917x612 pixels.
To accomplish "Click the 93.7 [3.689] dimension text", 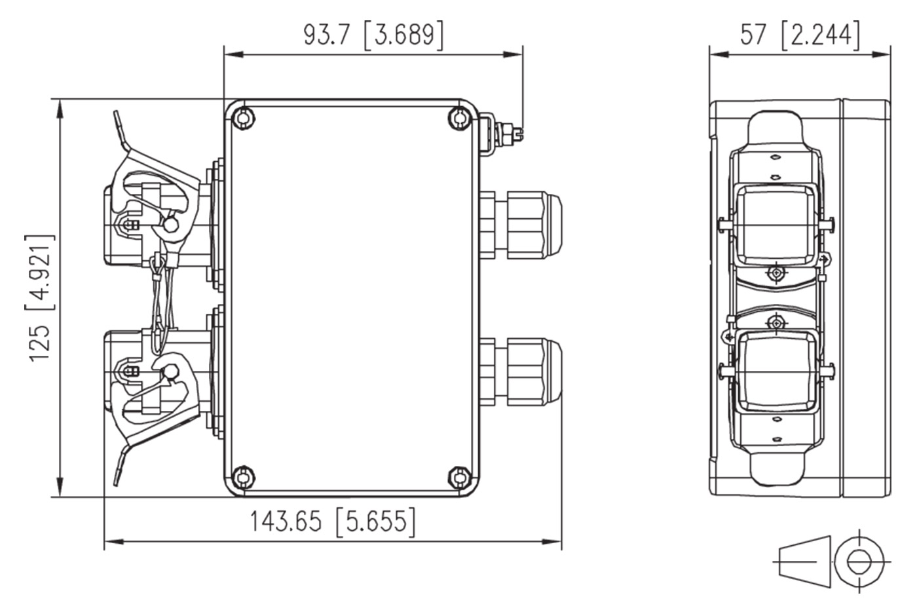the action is click(373, 35).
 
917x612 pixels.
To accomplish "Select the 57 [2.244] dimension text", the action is click(800, 35).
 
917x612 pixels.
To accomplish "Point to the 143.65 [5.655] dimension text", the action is click(333, 522).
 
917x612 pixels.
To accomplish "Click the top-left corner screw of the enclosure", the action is click(243, 119).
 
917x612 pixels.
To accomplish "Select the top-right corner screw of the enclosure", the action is click(460, 119).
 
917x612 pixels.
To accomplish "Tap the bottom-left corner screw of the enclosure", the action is click(243, 477).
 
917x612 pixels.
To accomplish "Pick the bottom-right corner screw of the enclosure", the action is click(460, 477).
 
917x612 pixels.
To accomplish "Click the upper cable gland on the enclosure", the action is click(520, 225).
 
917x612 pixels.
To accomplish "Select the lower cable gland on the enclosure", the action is click(520, 372).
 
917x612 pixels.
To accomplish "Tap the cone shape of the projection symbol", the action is click(805, 562).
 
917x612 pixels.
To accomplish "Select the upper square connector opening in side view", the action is click(772, 225).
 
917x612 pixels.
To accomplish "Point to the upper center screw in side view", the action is click(776, 273).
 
